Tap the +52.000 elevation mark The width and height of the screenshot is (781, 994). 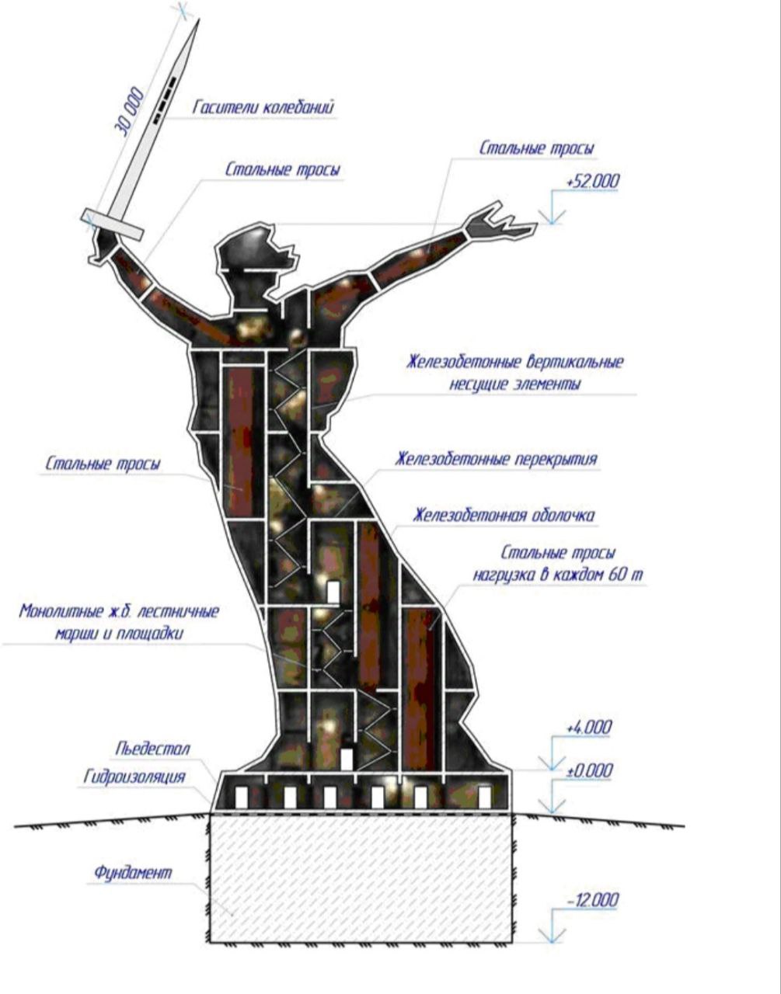pyautogui.click(x=593, y=181)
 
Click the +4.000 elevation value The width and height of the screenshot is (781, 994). pyautogui.click(x=588, y=728)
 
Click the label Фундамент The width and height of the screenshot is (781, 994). pyautogui.click(x=133, y=872)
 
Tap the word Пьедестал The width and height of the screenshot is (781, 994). pyautogui.click(x=152, y=749)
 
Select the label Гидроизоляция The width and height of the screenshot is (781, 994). pyautogui.click(x=134, y=777)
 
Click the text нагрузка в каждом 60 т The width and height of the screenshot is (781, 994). pyautogui.click(x=558, y=575)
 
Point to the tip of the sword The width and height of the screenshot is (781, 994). pyautogui.click(x=197, y=22)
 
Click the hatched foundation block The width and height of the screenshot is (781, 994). pyautogui.click(x=361, y=878)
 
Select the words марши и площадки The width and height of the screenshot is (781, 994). pyautogui.click(x=119, y=633)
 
